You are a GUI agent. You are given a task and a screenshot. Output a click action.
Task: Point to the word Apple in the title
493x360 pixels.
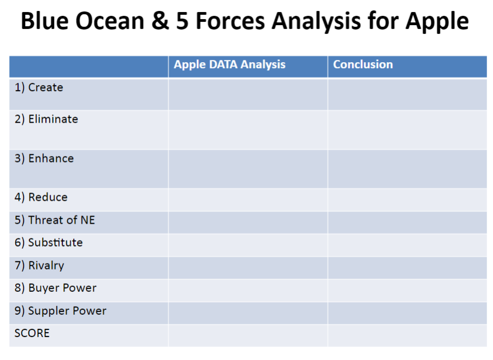(x=437, y=21)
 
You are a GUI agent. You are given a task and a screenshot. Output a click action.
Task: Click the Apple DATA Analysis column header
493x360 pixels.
(x=229, y=64)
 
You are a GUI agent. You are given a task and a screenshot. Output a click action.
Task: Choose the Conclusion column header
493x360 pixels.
(x=363, y=64)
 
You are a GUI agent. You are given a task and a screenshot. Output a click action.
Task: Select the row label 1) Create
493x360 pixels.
(x=39, y=87)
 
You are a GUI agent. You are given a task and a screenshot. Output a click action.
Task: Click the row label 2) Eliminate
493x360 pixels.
(x=46, y=119)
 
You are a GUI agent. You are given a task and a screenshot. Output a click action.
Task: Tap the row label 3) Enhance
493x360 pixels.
(x=44, y=158)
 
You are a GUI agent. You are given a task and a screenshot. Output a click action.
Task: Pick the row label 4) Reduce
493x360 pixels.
(x=41, y=197)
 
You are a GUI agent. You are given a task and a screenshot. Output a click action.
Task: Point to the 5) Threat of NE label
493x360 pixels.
(x=55, y=220)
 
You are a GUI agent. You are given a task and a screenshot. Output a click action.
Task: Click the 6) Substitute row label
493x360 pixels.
(x=49, y=242)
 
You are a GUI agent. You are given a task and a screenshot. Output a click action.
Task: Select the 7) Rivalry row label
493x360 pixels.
(x=39, y=266)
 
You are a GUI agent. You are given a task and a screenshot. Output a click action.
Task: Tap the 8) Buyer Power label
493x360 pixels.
(x=55, y=288)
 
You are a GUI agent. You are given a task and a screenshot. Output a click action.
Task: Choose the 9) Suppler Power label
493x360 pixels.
(x=60, y=311)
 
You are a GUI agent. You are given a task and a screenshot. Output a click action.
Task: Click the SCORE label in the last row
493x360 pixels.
(x=32, y=333)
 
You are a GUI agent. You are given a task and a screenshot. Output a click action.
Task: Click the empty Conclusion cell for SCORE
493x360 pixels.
(x=407, y=335)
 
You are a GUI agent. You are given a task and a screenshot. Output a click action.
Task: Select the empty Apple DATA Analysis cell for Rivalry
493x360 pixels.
(x=247, y=267)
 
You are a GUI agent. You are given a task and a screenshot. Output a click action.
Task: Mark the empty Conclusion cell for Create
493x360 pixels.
(x=407, y=94)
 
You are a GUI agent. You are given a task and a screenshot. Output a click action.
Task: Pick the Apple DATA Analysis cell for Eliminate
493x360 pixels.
(x=247, y=130)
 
